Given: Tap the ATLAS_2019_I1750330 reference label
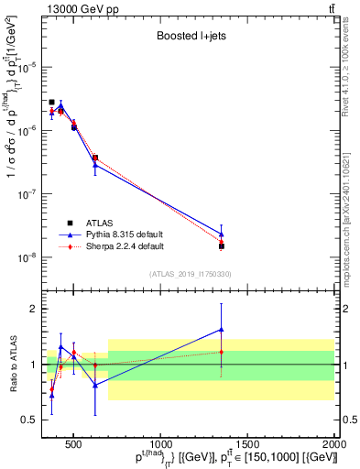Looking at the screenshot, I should (190, 274).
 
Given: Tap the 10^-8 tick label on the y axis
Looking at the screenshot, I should (30, 257).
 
